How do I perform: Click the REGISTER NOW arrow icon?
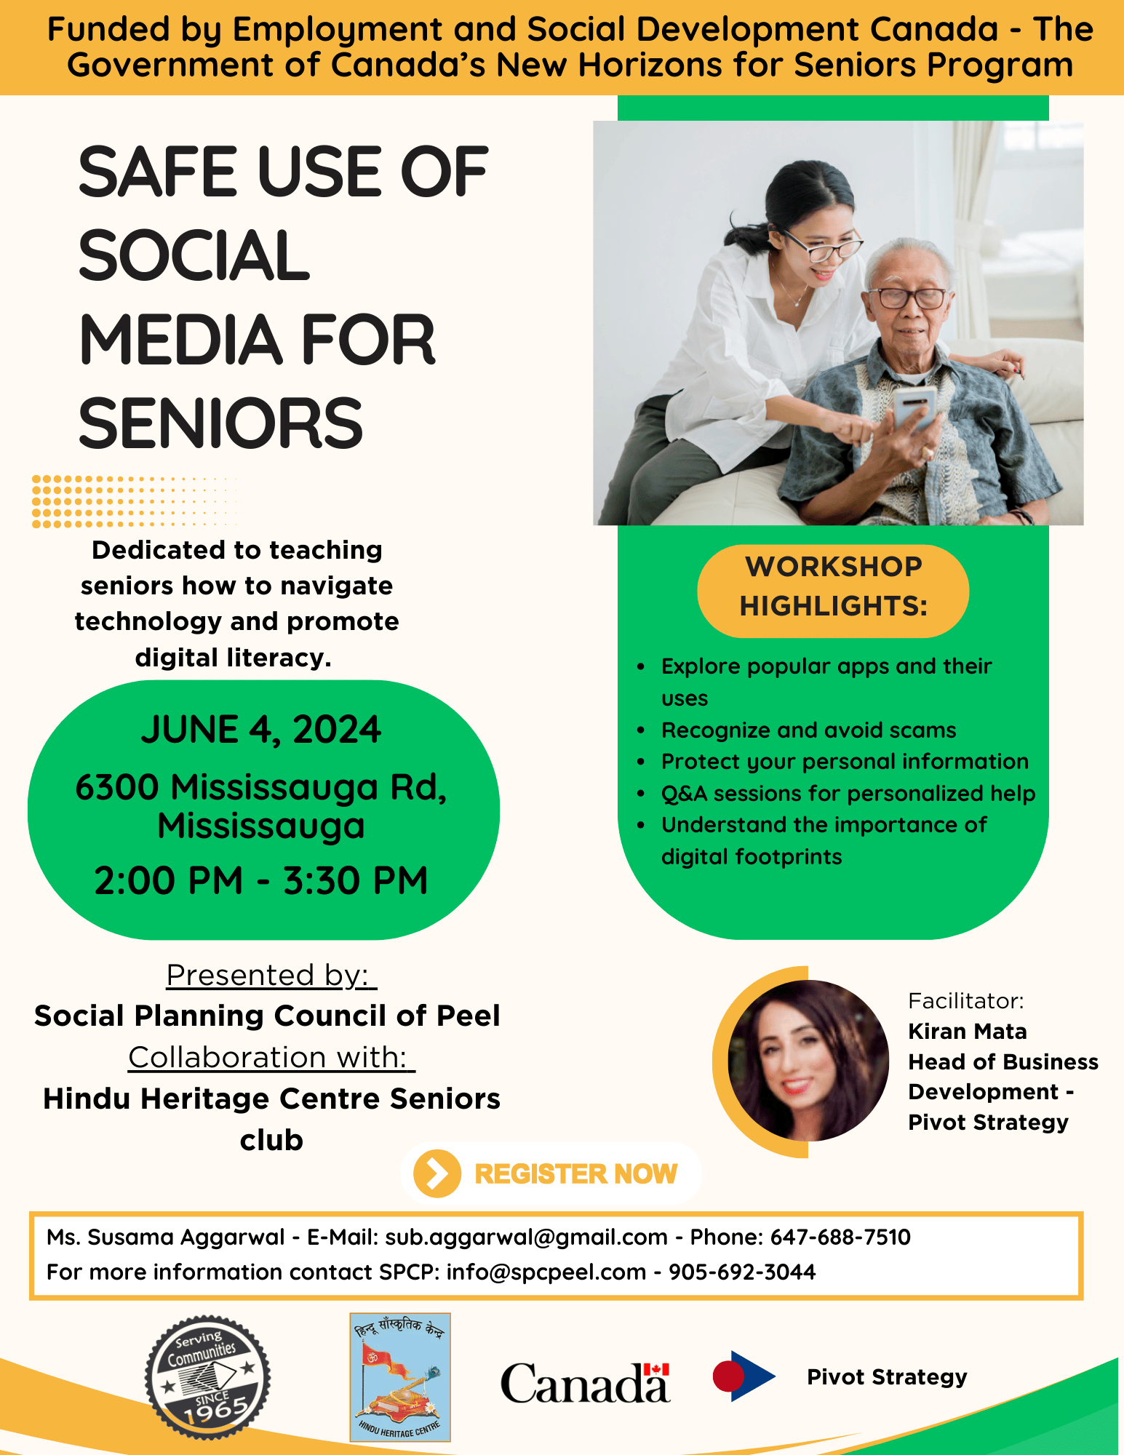click(x=437, y=1173)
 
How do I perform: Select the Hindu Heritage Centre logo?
click(x=400, y=1376)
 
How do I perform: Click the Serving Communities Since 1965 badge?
click(x=207, y=1377)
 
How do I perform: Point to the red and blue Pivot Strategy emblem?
click(x=743, y=1376)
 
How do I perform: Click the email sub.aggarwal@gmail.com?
click(x=526, y=1237)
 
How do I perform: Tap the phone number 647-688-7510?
click(x=840, y=1237)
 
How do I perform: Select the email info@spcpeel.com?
click(x=546, y=1272)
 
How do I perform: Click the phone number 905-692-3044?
click(x=742, y=1272)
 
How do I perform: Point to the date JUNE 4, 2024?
click(x=261, y=730)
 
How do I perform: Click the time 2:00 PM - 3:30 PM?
click(x=261, y=880)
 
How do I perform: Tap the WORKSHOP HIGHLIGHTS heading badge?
click(x=833, y=586)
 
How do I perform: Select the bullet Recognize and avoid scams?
click(x=808, y=730)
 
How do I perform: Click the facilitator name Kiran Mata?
click(x=968, y=1031)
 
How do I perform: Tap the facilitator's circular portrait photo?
click(x=808, y=1061)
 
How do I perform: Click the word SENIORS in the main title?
click(x=220, y=423)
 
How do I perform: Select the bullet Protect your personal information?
click(x=845, y=761)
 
